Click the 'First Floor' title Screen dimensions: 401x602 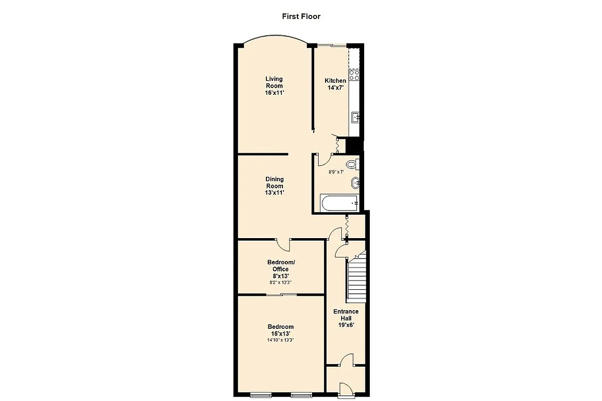301,17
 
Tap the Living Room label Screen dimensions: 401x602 274,86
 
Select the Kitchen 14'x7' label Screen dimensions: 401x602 335,84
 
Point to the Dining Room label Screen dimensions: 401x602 274,186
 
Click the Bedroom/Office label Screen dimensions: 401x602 281,269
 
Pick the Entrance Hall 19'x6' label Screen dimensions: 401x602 346,318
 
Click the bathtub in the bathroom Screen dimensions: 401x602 340,204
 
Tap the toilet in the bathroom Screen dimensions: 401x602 352,164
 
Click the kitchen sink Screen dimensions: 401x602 355,118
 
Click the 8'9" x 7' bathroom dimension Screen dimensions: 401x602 336,172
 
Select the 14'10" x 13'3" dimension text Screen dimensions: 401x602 280,340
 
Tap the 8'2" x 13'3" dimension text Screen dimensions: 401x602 280,282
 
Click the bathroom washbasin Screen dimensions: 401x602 356,182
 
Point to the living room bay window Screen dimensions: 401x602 274,40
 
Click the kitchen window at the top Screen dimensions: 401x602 331,46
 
